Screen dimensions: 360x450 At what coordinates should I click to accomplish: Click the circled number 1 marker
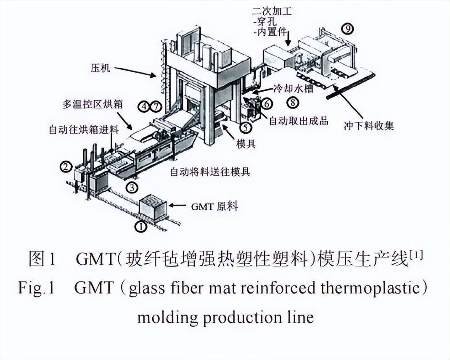click(x=140, y=227)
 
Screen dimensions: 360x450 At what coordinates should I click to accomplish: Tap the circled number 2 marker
click(x=65, y=167)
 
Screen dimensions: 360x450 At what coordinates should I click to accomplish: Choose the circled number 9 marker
click(x=347, y=29)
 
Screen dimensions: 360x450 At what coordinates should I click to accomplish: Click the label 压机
click(x=100, y=67)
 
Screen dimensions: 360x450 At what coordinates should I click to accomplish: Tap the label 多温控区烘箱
click(x=93, y=104)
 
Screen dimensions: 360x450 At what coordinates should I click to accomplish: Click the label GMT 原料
click(x=214, y=206)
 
